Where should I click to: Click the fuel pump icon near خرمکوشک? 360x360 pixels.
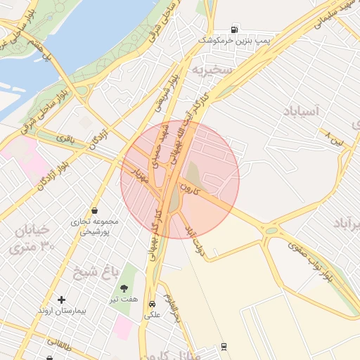[234, 30]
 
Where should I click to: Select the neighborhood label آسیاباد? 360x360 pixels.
[302, 111]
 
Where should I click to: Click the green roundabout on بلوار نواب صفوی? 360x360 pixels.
[271, 230]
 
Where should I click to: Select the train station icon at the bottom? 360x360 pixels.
[224, 346]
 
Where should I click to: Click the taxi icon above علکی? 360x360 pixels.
[152, 304]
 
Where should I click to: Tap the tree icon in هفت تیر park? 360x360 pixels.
[124, 288]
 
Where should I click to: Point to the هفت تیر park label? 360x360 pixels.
[124, 300]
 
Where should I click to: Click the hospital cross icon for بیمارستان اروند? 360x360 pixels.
[61, 300]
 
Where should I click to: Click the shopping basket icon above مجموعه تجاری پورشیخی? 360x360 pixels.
[95, 210]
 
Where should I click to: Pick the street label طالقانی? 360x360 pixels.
[60, 345]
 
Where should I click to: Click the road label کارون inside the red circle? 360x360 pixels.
[191, 188]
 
